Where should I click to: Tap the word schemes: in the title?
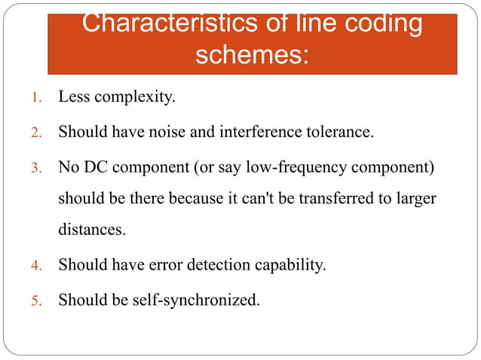coord(252,54)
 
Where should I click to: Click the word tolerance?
coord(339,133)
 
